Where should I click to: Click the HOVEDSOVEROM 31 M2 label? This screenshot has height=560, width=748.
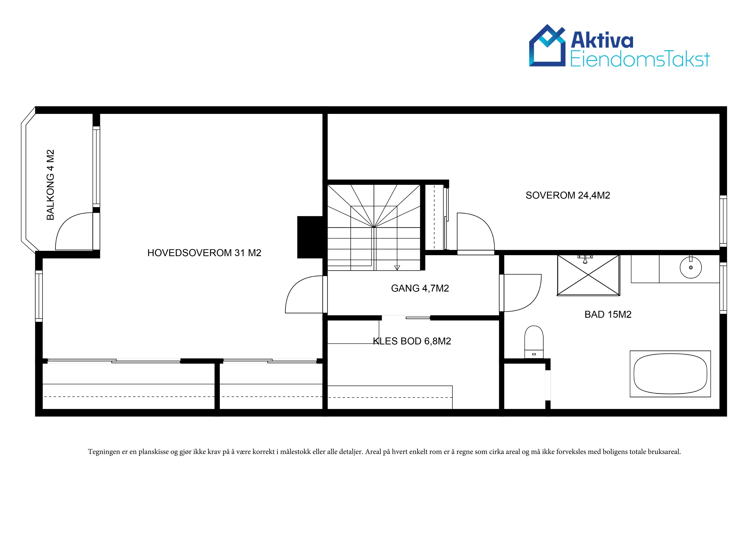coord(204,253)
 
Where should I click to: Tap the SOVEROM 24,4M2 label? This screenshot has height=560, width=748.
coord(568,195)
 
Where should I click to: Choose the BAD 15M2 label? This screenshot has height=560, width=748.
coord(608,315)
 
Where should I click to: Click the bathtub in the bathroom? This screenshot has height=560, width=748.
coord(670,374)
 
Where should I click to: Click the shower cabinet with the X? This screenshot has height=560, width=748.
coord(588,275)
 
